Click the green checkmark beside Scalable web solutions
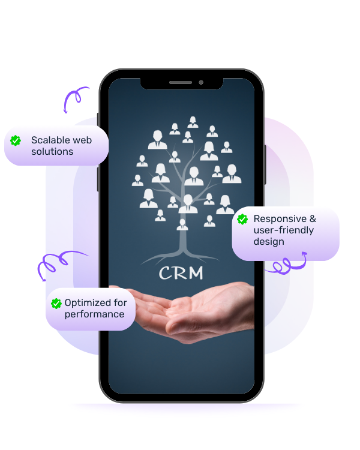[x=16, y=140]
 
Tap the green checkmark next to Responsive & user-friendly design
[x=242, y=220]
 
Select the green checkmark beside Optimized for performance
[x=56, y=304]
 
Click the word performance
[x=94, y=314]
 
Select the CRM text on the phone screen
[x=181, y=274]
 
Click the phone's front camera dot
[x=200, y=82]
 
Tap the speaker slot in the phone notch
[x=180, y=82]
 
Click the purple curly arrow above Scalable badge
[x=76, y=99]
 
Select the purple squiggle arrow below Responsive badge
[x=286, y=264]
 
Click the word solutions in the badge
[x=52, y=152]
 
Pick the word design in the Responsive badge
[x=269, y=242]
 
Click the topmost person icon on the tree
[x=193, y=122]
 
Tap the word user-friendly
[x=284, y=230]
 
